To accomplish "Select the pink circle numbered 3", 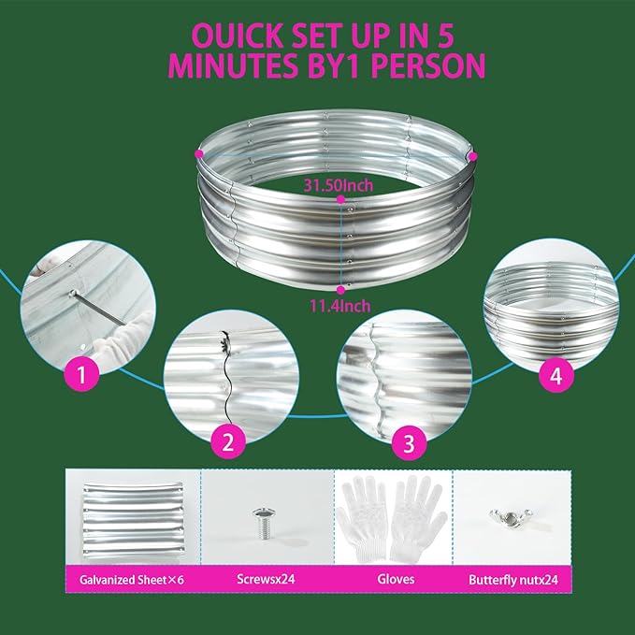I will point(408,443).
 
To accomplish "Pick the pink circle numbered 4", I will point(556,376).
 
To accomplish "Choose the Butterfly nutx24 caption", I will point(513,580).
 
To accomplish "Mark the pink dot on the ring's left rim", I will point(198,152).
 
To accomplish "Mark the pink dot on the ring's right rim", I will point(473,156).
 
